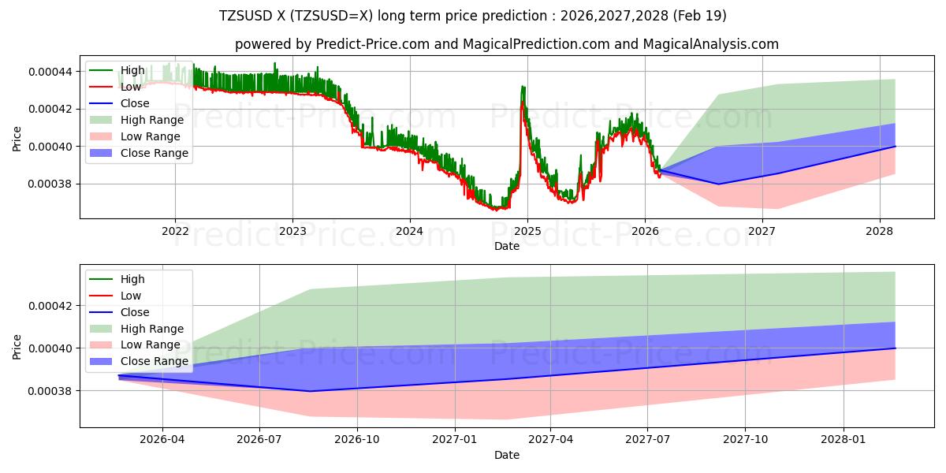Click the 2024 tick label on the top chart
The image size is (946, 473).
pos(410,231)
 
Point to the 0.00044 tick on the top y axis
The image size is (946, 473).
pos(50,72)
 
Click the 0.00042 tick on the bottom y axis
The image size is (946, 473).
pos(50,306)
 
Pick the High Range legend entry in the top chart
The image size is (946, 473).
pos(151,120)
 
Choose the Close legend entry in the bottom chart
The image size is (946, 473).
pos(135,312)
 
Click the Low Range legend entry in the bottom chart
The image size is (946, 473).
pos(150,345)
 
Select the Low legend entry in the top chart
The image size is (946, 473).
pos(131,87)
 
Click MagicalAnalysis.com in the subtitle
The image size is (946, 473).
pos(711,44)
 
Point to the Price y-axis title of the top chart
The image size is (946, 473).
pos(17,139)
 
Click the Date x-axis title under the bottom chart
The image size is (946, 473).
pos(507,455)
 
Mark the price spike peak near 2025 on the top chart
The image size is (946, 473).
pos(522,87)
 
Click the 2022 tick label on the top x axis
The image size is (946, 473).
pos(175,231)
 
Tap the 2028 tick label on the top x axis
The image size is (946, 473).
pos(880,231)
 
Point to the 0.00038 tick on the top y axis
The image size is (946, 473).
pos(50,184)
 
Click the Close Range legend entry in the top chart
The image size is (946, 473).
pos(155,153)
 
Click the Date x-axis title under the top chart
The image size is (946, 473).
pos(507,246)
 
